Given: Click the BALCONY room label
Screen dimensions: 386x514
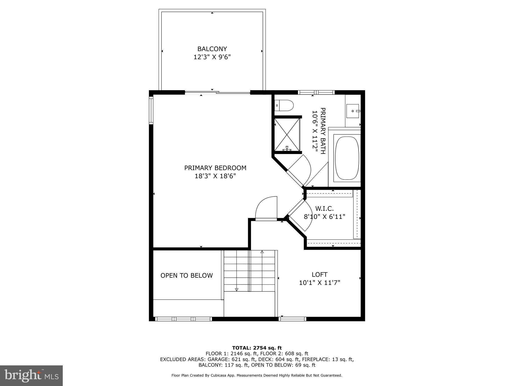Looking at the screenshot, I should pos(212,49).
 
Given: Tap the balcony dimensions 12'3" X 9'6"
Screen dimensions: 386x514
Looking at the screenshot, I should pos(212,57).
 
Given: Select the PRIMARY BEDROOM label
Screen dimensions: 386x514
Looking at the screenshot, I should pos(215,168).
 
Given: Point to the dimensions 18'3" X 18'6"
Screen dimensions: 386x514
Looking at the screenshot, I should pos(215,176).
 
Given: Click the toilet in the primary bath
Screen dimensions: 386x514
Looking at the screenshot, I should pos(284,105).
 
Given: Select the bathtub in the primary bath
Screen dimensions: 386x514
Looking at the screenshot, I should pos(347,158).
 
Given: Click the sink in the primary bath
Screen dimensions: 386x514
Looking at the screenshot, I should pos(353,111).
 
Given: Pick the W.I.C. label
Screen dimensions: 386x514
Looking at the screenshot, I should pos(325,209).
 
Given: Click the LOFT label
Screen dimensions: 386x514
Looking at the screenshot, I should pos(319,274).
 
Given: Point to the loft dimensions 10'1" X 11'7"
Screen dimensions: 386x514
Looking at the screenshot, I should pos(319,283).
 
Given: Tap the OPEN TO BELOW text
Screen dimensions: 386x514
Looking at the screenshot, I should pos(186,275).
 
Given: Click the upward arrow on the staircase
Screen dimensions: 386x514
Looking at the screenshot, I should pos(262,252).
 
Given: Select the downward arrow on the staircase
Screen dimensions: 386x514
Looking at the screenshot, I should pos(236,289).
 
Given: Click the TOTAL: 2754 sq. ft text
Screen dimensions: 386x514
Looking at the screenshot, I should pos(257,348).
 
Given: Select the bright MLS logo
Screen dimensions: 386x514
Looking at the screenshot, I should pos(31,375).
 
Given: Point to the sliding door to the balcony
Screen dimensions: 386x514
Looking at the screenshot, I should pos(217,93).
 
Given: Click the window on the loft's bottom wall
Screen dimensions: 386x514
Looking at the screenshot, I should pos(292,319).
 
